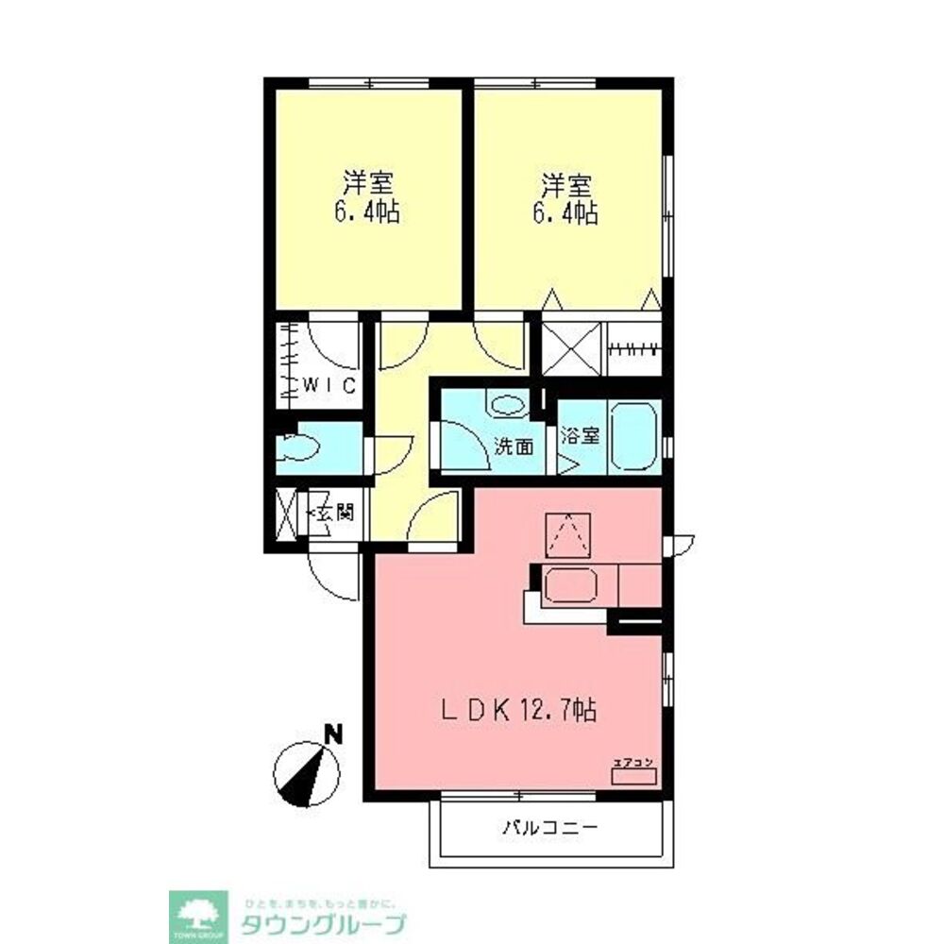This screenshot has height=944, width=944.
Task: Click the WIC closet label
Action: (328, 385)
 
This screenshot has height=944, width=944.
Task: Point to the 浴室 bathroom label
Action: (581, 436)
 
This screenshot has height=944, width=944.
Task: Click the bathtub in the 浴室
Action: (633, 435)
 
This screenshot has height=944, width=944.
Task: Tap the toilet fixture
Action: (300, 447)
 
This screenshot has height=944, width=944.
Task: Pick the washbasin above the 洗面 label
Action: (508, 405)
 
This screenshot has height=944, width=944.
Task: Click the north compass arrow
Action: (310, 774)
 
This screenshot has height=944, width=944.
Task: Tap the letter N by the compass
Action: (331, 732)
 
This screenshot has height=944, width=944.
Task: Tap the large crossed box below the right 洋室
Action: (571, 346)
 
